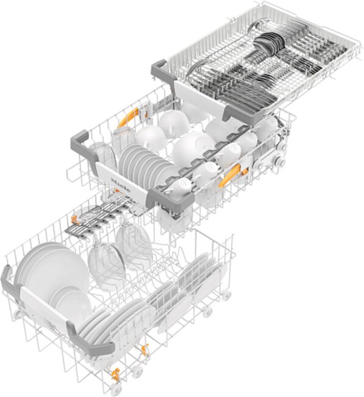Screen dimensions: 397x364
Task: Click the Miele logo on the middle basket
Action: (x=118, y=182)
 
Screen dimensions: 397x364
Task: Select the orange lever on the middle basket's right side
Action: (x=230, y=177)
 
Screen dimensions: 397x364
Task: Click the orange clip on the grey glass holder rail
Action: (x=76, y=217)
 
